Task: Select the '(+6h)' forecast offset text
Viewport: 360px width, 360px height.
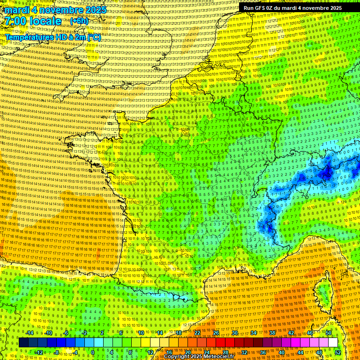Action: (78, 21)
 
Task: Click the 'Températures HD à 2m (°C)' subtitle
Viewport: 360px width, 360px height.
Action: (52, 37)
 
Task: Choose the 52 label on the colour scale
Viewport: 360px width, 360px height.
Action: (337, 352)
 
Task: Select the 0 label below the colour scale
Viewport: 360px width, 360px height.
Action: (93, 352)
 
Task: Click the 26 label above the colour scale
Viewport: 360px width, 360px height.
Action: (216, 333)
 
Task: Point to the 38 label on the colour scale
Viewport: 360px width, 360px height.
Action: (272, 333)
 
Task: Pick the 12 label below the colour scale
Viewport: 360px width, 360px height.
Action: (150, 352)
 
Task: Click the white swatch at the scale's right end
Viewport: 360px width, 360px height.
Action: (333, 343)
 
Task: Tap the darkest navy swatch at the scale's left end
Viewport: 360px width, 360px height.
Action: (23, 343)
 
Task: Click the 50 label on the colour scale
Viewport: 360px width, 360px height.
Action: (329, 333)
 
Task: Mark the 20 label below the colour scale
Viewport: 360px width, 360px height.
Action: (187, 352)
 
